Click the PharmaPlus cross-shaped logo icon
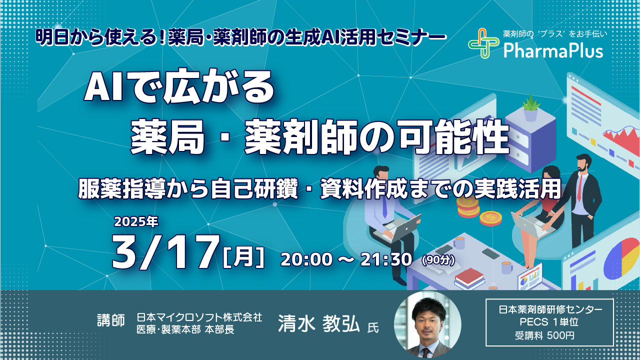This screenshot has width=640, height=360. tap(483, 43)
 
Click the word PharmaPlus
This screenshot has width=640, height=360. tap(553, 51)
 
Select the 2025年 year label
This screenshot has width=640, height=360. tap(136, 221)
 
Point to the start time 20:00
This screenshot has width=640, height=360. tap(307, 259)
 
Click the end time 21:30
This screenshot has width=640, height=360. tap(386, 259)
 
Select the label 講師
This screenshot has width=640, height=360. tap(111, 320)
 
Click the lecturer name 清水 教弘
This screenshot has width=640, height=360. tap(319, 324)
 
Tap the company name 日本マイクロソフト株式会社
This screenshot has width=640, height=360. tap(199, 317)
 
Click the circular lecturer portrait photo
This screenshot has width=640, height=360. tap(427, 325)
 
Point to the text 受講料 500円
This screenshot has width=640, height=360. tap(544, 335)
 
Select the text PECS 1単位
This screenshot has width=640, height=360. tap(549, 322)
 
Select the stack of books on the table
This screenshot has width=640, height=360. tap(469, 278)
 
